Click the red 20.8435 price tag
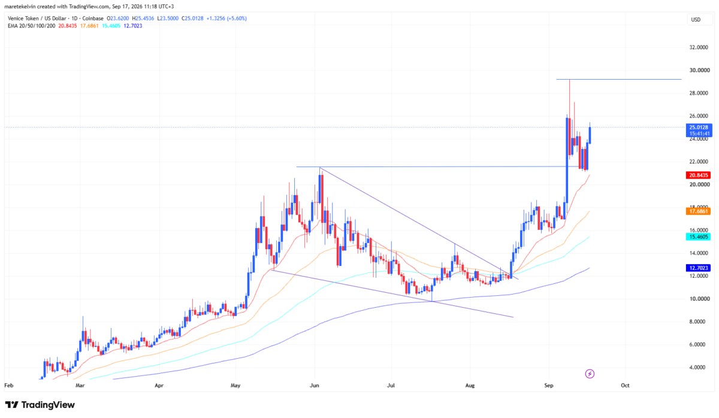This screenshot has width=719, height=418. (x=698, y=175)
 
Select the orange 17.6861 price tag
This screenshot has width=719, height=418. (x=698, y=211)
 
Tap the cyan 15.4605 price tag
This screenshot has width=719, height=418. (x=698, y=237)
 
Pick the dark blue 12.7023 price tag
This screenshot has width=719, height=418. (x=698, y=268)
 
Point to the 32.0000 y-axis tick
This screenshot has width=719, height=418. (x=699, y=47)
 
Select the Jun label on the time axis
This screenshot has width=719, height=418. (x=314, y=385)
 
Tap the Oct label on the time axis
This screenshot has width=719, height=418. (x=625, y=385)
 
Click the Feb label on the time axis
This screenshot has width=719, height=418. (x=8, y=385)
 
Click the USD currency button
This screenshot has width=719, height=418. (x=696, y=20)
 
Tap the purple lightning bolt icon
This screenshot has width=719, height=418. (x=590, y=374)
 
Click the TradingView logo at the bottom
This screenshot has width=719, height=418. (x=40, y=405)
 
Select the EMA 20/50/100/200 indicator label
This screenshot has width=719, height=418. (x=31, y=26)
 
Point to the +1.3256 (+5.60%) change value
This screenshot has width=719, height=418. (x=226, y=19)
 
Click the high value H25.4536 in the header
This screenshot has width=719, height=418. (x=143, y=19)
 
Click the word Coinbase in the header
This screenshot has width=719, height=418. (x=93, y=19)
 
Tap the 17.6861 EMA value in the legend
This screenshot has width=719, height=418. (x=89, y=26)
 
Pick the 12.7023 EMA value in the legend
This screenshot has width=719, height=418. (x=133, y=26)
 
